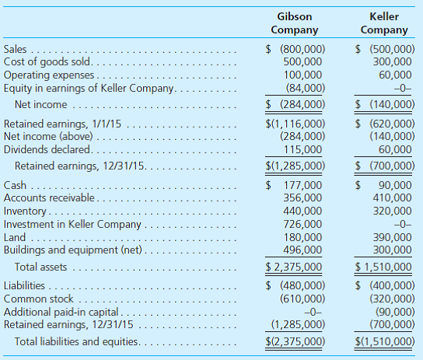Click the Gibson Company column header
pos(295,23)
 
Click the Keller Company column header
pos(384,23)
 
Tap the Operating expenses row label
pos(49,75)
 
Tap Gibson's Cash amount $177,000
pos(295,185)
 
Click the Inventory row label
pos(26,211)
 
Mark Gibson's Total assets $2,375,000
pos(295,267)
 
